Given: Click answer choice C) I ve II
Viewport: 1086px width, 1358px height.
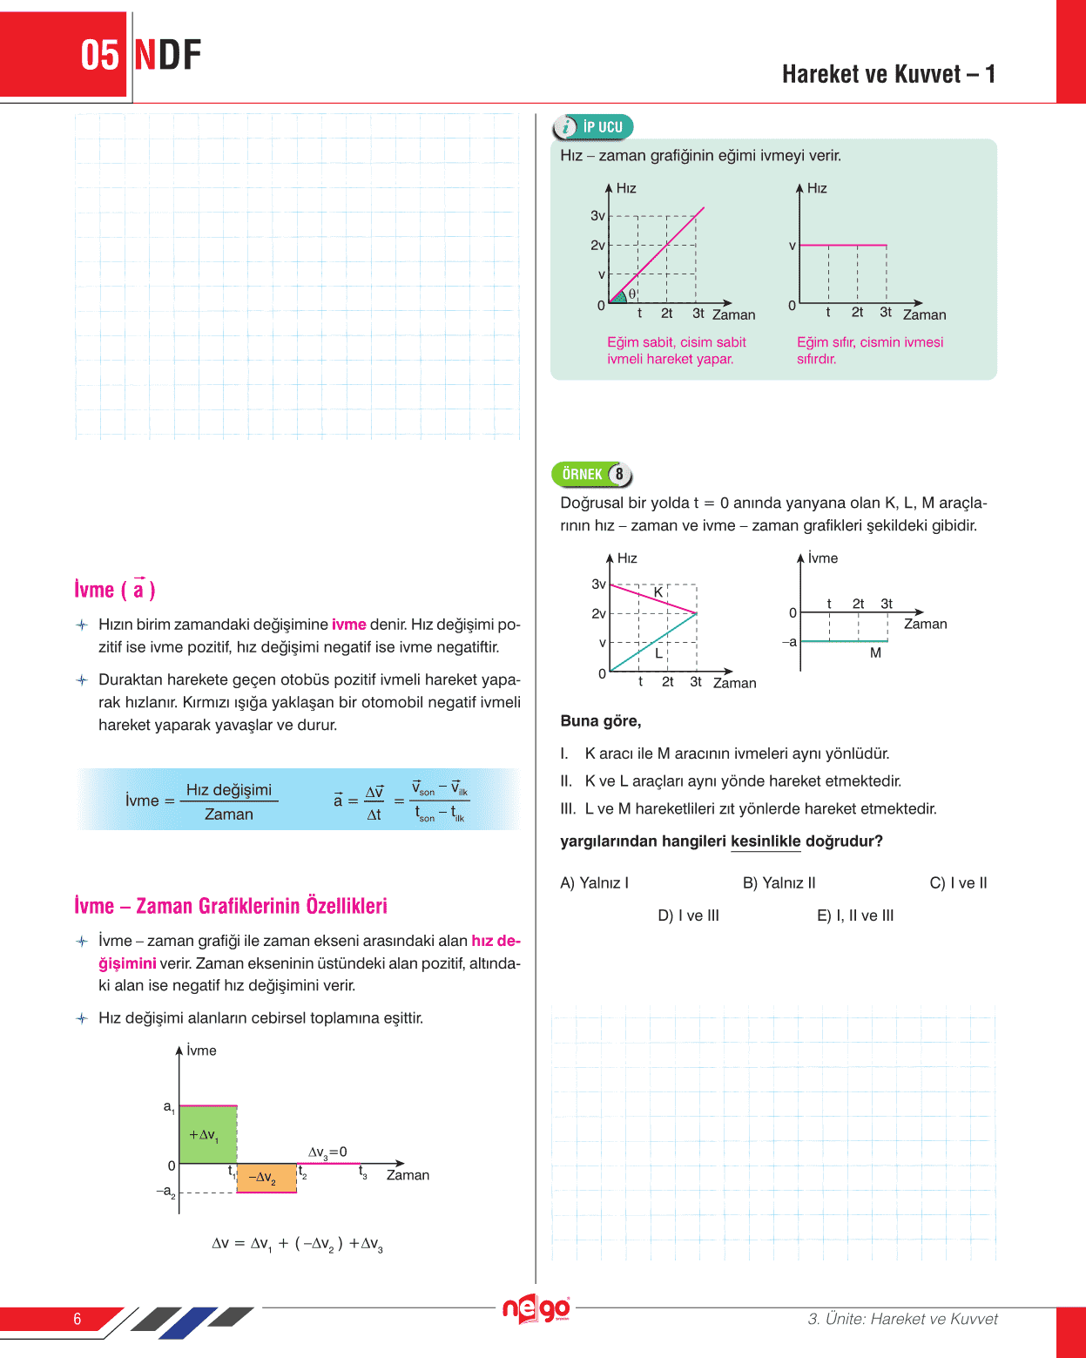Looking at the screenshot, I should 958,883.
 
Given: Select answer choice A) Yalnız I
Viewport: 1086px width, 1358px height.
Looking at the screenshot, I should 594,883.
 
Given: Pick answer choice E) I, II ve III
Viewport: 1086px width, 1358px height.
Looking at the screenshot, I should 855,915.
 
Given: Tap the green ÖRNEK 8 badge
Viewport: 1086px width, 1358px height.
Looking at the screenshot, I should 591,475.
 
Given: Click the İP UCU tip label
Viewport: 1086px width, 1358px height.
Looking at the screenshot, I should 594,127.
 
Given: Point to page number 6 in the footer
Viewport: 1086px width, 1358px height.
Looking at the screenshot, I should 78,1319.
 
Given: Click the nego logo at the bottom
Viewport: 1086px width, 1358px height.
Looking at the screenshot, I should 536,1309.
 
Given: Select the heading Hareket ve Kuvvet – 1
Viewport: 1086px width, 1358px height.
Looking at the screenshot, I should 888,74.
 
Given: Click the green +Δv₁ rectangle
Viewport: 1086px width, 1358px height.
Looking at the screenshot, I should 207,1134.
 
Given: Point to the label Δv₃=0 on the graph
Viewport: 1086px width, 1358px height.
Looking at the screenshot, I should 327,1152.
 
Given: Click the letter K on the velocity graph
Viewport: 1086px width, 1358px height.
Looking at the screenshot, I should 658,592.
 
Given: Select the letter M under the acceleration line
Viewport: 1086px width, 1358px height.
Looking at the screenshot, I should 875,652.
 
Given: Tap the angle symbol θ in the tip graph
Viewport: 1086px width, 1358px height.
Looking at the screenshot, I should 632,294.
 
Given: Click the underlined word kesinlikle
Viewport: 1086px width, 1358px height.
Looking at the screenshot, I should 766,841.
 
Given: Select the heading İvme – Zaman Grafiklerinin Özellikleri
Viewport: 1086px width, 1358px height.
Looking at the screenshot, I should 231,906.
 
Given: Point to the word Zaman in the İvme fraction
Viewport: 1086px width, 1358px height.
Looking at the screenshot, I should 229,814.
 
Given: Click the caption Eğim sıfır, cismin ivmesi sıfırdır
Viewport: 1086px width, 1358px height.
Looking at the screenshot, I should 869,350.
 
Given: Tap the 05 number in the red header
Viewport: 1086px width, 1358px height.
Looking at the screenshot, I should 99,55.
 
